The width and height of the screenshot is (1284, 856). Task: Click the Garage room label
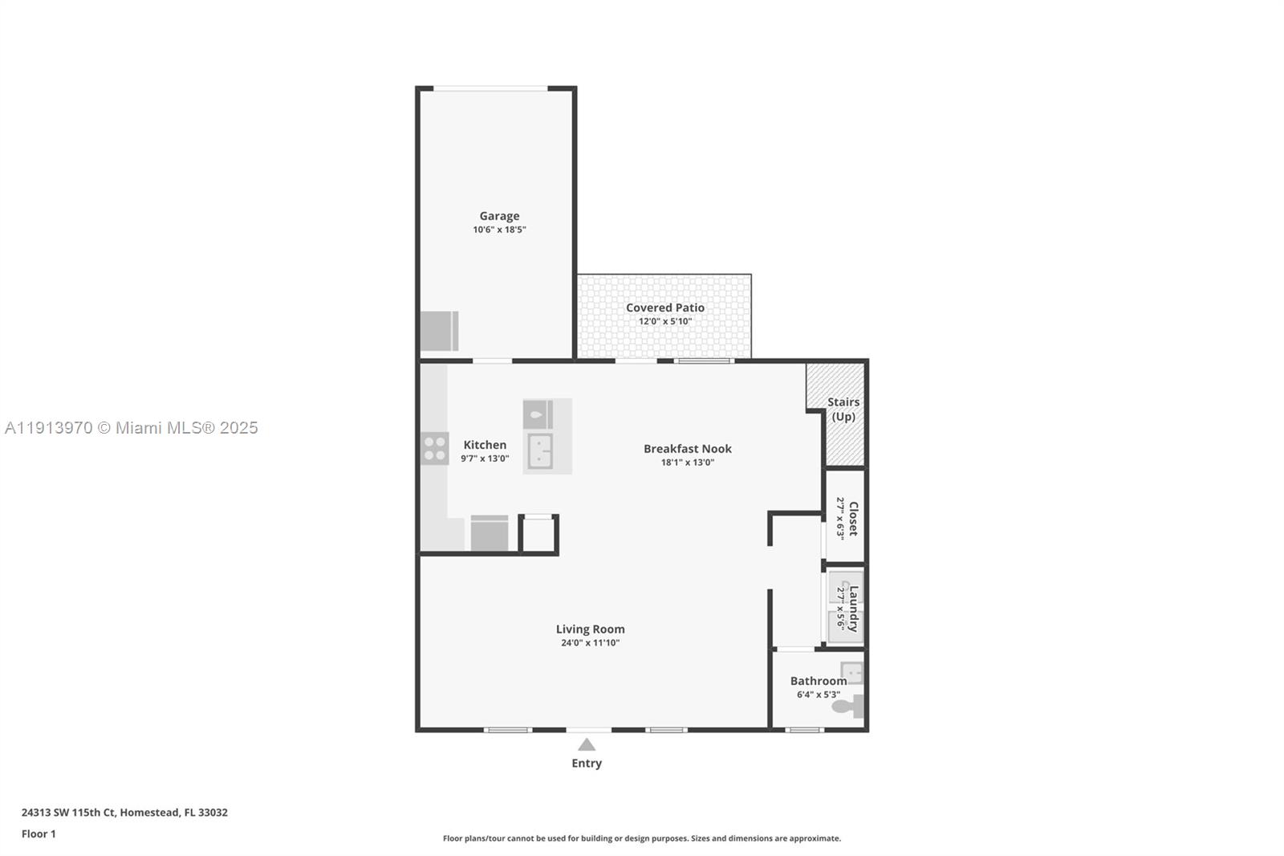[x=499, y=216]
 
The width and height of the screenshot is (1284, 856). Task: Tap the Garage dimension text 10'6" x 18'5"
[x=499, y=230]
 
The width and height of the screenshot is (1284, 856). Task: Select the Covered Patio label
[x=665, y=308]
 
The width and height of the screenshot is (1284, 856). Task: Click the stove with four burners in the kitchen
[x=435, y=449]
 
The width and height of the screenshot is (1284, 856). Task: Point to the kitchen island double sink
[x=539, y=451]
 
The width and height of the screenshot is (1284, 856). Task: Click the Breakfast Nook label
[x=688, y=449]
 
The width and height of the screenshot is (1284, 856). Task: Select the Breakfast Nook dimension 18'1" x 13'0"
[x=688, y=463]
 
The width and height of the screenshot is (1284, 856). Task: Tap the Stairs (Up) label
[x=843, y=409]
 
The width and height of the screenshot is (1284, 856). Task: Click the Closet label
[x=853, y=518]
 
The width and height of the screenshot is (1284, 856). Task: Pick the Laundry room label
[x=853, y=608]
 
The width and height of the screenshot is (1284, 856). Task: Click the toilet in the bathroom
[x=847, y=707]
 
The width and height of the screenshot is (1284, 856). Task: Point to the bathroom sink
[x=851, y=672]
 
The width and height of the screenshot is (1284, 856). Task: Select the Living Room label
[x=590, y=630]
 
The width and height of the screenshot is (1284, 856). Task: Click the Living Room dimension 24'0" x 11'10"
[x=590, y=643]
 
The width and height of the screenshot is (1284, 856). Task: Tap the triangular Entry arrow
[x=587, y=745]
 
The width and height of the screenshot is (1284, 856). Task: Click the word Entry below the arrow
[x=587, y=764]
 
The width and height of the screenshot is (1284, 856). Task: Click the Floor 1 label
[x=39, y=834]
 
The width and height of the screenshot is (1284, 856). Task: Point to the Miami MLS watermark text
[x=132, y=428]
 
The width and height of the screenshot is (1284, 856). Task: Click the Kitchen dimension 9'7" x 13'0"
[x=485, y=459]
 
